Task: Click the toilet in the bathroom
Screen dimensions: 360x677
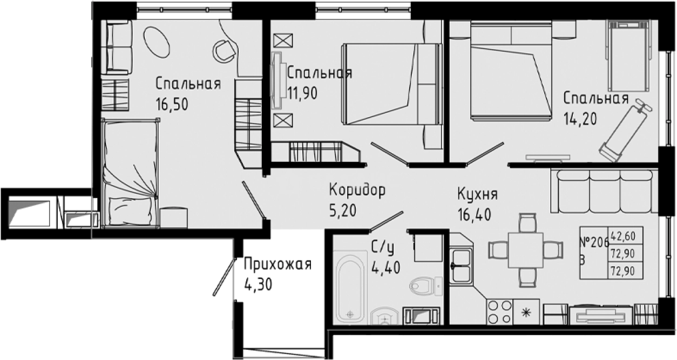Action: click(x=424, y=284)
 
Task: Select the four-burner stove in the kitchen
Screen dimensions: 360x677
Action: click(x=499, y=311)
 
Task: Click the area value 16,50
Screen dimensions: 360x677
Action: click(x=172, y=104)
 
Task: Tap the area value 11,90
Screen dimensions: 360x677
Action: click(x=302, y=93)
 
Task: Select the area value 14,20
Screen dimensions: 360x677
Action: click(x=580, y=118)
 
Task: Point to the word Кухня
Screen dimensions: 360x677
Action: click(x=477, y=194)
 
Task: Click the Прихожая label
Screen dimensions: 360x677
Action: click(x=277, y=264)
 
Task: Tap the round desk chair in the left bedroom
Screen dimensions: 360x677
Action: click(x=224, y=51)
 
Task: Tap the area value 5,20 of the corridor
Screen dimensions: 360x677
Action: click(x=343, y=210)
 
